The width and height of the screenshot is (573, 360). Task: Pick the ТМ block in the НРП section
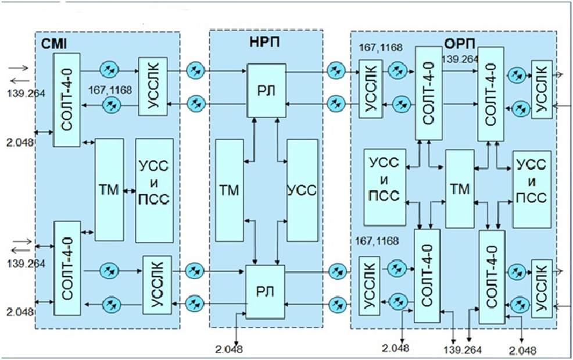pos(230,190)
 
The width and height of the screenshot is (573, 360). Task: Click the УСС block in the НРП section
pos(302,190)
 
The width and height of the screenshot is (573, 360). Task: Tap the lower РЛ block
pos(264,291)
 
